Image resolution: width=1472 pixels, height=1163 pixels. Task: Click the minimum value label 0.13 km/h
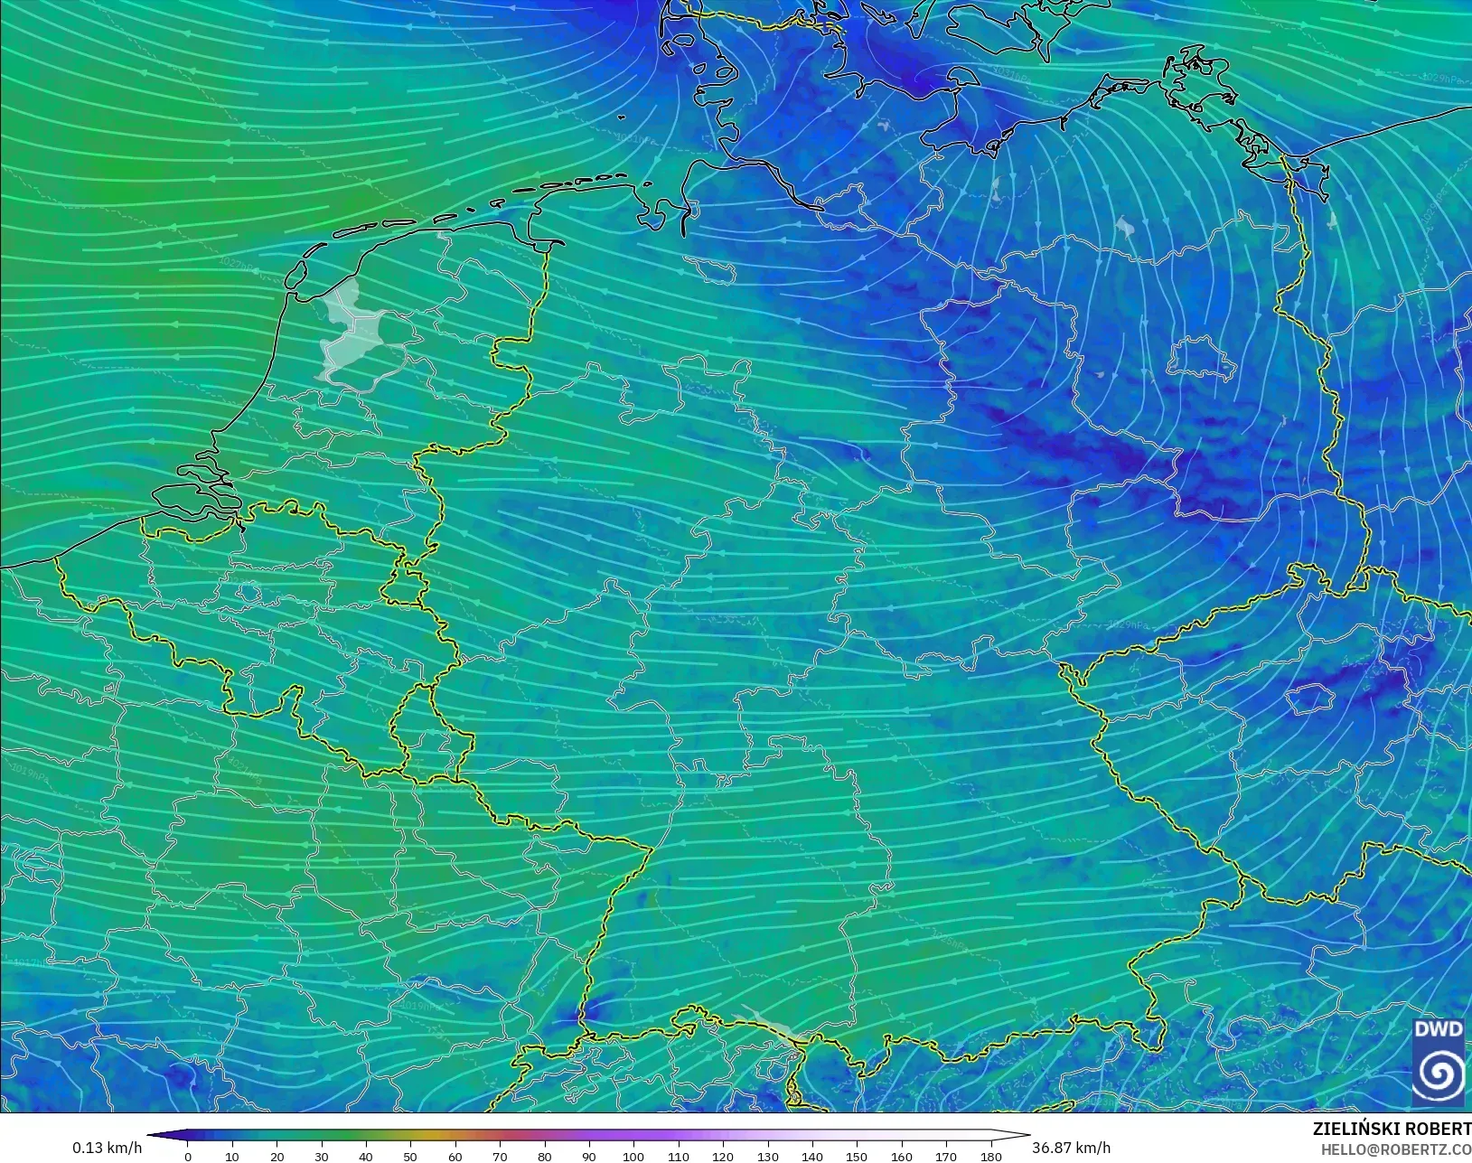107,1148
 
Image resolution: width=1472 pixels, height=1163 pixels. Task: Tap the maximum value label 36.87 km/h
1071,1148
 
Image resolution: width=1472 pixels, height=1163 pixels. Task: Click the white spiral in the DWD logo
1439,1074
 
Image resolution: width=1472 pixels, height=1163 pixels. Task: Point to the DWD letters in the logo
1439,1029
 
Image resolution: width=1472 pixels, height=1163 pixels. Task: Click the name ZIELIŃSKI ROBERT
1392,1129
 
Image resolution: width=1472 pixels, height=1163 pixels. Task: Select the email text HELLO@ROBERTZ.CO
1396,1149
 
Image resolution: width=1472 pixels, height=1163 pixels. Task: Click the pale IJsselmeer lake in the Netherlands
348,330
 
